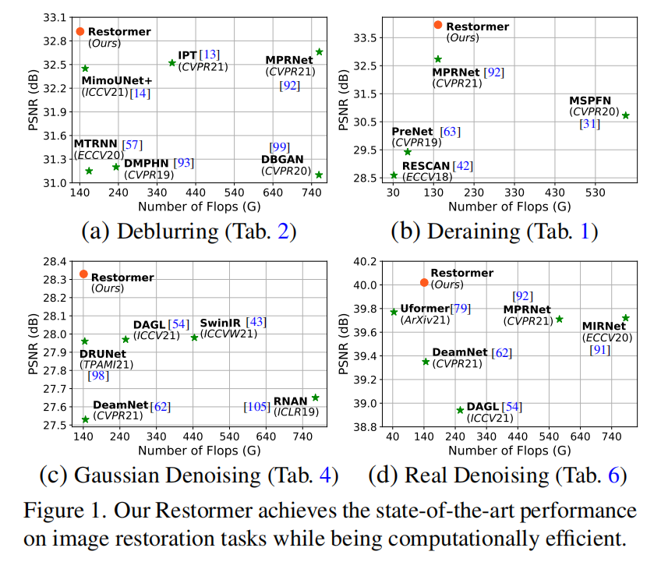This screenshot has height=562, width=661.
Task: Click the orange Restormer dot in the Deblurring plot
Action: coord(80,31)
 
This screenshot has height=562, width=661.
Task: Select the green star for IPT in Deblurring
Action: coord(172,62)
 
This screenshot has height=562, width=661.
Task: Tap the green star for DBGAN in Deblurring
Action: coord(319,175)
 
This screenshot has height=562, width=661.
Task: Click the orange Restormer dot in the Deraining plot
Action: coord(437,25)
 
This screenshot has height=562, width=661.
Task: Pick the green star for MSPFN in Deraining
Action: coord(625,115)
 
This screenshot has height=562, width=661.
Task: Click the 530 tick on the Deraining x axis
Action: coord(595,193)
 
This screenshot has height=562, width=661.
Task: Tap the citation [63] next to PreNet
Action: coord(451,132)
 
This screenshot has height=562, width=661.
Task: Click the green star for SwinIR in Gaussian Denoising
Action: coord(194,338)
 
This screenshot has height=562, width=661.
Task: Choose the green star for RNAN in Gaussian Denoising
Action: coord(315,398)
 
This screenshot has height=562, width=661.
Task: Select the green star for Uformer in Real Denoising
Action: coord(394,312)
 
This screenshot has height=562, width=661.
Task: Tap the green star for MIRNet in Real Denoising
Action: coord(626,318)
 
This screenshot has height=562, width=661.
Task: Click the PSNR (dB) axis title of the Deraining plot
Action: coord(344,97)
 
